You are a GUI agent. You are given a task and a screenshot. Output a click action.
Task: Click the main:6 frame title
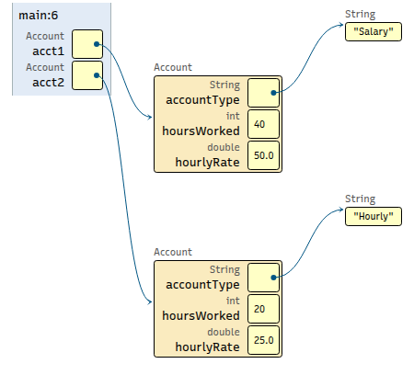38,16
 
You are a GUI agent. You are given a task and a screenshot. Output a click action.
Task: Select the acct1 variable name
49,51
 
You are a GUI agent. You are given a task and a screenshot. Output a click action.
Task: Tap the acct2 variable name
49,83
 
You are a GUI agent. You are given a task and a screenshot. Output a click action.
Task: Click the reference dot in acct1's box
97,44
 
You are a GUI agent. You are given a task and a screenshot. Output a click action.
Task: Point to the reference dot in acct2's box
97,75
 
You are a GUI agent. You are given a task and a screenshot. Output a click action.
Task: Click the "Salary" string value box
374,31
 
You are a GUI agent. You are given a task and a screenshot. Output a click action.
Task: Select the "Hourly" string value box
374,216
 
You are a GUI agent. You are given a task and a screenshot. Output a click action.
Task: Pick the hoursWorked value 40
259,124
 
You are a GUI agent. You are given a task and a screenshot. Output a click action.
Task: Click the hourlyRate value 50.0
264,155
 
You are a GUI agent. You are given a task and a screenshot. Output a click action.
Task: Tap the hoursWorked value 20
259,309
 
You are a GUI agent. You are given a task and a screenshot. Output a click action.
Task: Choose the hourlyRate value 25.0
264,340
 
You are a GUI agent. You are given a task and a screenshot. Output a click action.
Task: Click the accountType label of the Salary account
202,100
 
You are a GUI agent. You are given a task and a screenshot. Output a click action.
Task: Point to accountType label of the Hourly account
202,285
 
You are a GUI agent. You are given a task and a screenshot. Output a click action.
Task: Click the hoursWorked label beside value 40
201,131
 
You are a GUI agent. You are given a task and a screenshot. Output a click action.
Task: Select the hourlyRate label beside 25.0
207,347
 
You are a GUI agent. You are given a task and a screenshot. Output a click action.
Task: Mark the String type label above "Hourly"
360,199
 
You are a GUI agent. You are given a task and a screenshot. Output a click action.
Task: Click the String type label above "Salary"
360,14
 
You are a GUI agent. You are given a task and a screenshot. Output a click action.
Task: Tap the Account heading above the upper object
173,67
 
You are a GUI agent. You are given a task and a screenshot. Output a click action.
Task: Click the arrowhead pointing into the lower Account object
150,302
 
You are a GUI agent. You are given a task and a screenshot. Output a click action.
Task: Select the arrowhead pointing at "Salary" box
341,25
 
